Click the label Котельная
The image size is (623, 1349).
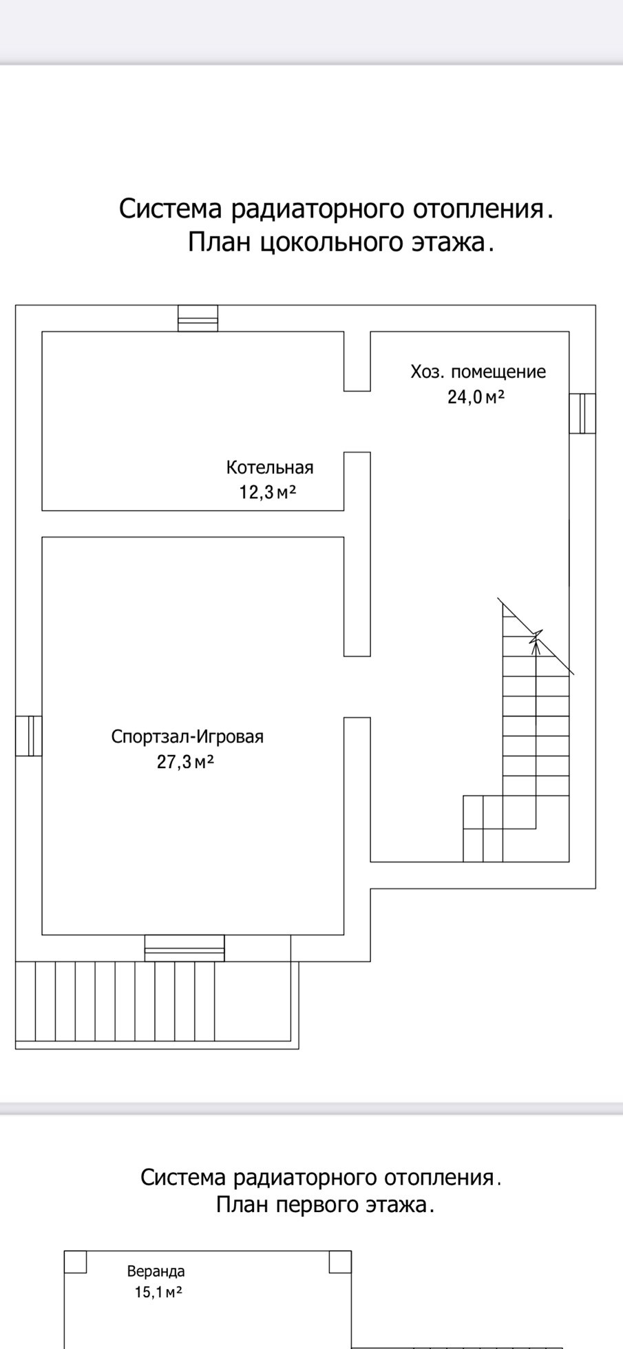270,468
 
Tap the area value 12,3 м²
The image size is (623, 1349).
268,492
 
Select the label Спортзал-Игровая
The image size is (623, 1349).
187,737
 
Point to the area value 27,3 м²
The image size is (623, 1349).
185,762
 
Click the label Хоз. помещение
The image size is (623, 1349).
478,372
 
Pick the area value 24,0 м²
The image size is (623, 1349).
476,397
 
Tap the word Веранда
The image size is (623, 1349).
156,1271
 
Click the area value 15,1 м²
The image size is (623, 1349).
158,1292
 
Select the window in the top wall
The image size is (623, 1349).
198,318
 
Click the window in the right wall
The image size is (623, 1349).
582,413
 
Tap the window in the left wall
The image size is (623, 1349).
29,736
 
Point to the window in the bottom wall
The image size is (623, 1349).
184,948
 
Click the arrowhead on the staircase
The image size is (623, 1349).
536,638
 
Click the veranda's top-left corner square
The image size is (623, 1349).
76,1262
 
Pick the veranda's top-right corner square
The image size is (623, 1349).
340,1262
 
